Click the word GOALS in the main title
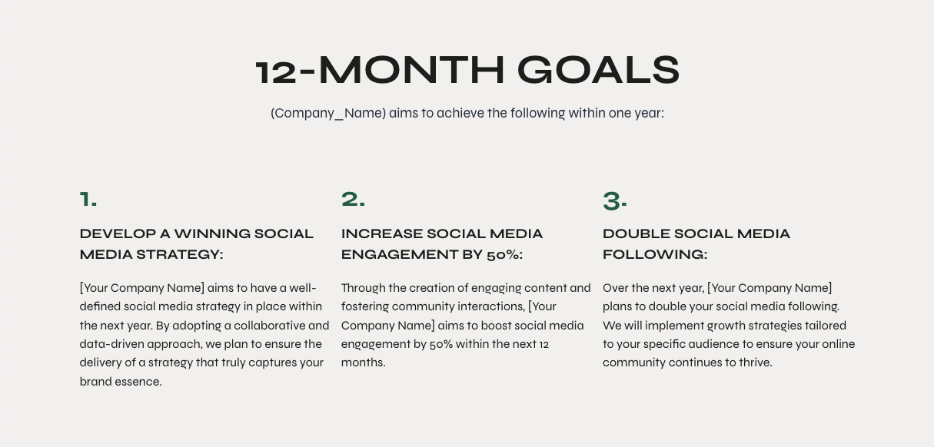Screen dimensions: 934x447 [x=598, y=70]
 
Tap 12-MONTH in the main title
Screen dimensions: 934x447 [x=380, y=70]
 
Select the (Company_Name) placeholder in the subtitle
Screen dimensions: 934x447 [x=328, y=114]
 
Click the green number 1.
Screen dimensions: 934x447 [x=88, y=199]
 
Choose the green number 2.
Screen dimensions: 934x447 [x=353, y=199]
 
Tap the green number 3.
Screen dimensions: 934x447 [x=615, y=200]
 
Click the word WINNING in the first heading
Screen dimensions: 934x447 [x=212, y=233]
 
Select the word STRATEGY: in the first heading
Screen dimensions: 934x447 [x=180, y=254]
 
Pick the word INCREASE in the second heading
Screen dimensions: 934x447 [x=381, y=233]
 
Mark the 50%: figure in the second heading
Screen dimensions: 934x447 [x=504, y=254]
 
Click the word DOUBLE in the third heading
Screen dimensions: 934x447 [x=636, y=233]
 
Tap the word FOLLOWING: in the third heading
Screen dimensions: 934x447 [x=655, y=254]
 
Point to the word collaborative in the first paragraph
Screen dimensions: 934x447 [x=269, y=326]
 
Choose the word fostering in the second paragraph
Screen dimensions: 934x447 [x=365, y=306]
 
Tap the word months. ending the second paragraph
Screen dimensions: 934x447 [x=363, y=363]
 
